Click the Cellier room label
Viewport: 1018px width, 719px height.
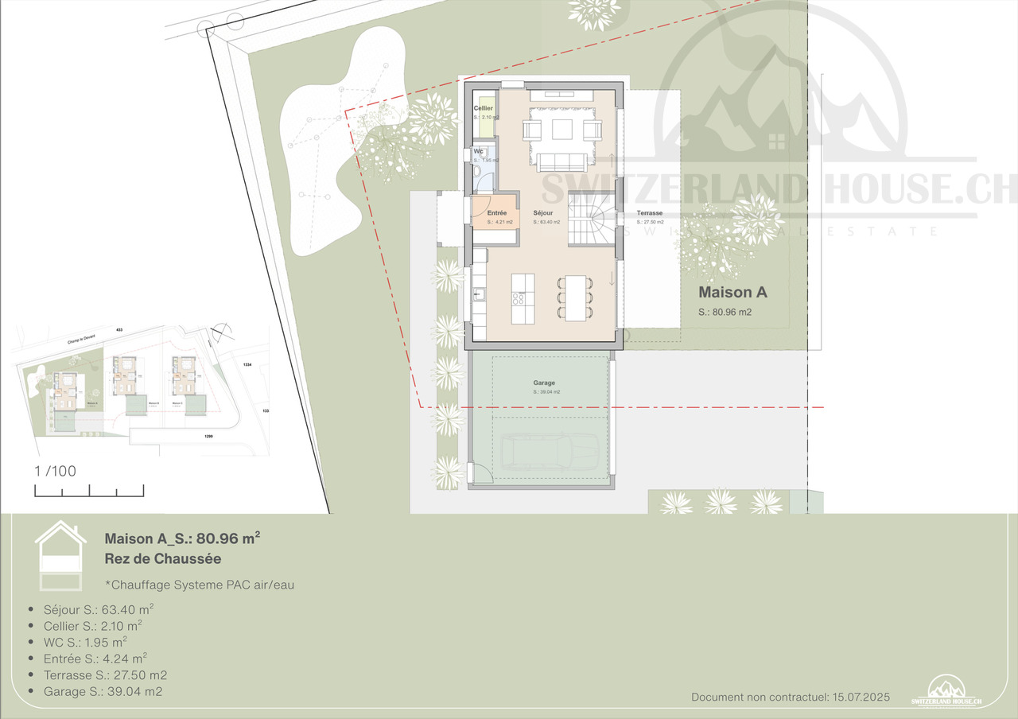click(483, 108)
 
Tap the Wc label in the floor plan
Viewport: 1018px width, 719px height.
click(478, 151)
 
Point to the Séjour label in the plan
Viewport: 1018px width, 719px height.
click(543, 213)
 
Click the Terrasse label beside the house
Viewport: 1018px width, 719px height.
click(649, 213)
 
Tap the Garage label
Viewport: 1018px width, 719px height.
click(544, 383)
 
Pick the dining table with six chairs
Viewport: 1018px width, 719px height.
click(575, 297)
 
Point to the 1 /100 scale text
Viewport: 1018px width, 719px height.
click(55, 471)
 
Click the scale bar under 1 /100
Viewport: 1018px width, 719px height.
click(89, 491)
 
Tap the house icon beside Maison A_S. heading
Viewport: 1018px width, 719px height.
click(59, 556)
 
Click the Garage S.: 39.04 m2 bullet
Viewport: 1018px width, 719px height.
click(103, 691)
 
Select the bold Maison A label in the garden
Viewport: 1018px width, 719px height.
click(732, 292)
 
